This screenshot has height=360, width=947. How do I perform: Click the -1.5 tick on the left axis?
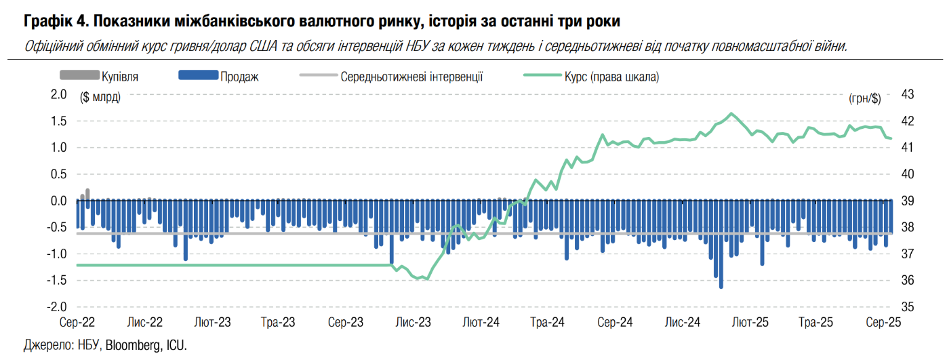[57, 281]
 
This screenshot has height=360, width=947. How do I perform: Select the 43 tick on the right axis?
[908, 94]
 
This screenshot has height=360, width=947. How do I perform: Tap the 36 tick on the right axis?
[908, 281]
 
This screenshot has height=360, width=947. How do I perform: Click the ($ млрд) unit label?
[100, 98]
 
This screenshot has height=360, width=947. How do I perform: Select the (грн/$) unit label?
[864, 98]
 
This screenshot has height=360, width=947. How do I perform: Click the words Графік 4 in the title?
[52, 22]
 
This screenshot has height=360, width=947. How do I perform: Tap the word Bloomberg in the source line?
[133, 345]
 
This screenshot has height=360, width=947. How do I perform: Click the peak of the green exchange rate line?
[731, 113]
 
